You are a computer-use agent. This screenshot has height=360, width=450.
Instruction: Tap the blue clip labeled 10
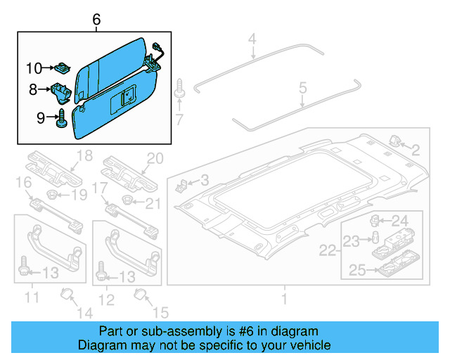click(62, 68)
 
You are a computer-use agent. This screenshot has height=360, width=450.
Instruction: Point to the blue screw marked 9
click(61, 117)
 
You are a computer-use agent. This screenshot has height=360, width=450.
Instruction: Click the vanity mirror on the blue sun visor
click(129, 96)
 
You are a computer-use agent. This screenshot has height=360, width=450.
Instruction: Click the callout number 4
click(252, 48)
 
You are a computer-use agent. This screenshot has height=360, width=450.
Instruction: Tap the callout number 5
click(303, 89)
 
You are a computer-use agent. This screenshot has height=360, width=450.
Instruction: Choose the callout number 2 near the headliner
click(416, 149)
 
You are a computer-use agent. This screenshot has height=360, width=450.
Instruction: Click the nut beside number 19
click(52, 194)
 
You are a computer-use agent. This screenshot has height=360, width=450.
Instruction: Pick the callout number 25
click(357, 269)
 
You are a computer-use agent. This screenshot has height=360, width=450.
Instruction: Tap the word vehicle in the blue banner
click(309, 345)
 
